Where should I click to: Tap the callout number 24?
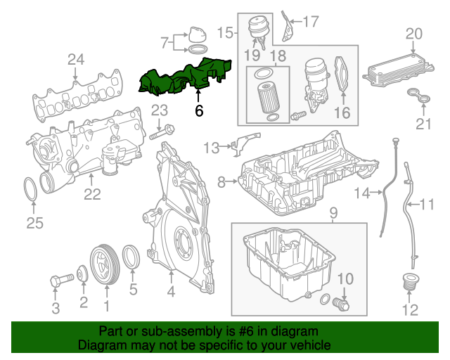[76, 60]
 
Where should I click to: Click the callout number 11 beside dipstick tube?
[427, 205]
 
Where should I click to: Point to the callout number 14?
[361, 193]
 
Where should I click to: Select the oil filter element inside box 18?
[266, 97]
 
